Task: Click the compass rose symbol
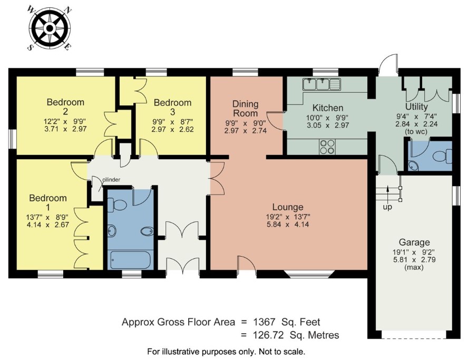[x=49, y=28]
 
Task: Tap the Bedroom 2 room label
[x=65, y=106]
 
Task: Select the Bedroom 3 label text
[x=173, y=107]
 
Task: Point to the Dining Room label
[x=245, y=109]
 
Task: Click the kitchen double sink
[x=322, y=84]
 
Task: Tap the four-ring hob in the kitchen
[x=327, y=147]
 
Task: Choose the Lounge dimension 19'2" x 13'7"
[x=288, y=217]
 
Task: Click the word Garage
[x=414, y=242]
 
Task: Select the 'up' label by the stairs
[x=387, y=207]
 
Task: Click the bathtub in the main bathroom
[x=132, y=260]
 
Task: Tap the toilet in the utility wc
[x=442, y=157]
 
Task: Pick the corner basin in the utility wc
[x=413, y=166]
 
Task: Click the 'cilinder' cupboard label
[x=111, y=180]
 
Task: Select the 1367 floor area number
[x=264, y=322]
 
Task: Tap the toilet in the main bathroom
[x=117, y=205]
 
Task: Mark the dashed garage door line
[x=414, y=338]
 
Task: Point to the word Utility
[x=416, y=106]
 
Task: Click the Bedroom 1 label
[x=47, y=202]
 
